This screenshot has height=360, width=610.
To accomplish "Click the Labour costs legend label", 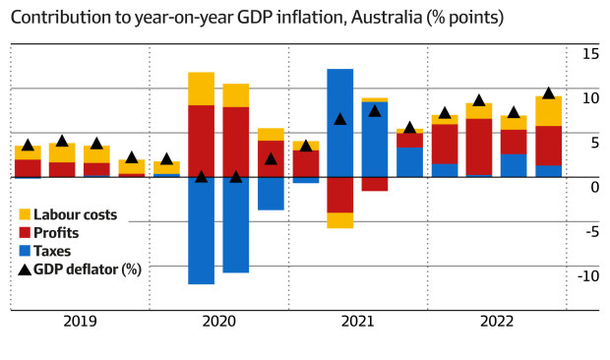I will tap(74, 214).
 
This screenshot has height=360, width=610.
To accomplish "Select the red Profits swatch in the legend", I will tap(25, 233).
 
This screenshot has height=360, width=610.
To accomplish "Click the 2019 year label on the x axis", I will tap(79, 321).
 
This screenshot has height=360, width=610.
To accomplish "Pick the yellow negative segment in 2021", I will tap(340, 220).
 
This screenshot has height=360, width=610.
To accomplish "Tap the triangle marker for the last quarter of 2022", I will tap(549, 93).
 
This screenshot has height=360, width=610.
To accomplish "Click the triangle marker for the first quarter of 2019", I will tap(28, 145).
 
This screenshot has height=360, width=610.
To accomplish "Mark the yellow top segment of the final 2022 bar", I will tap(549, 111).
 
